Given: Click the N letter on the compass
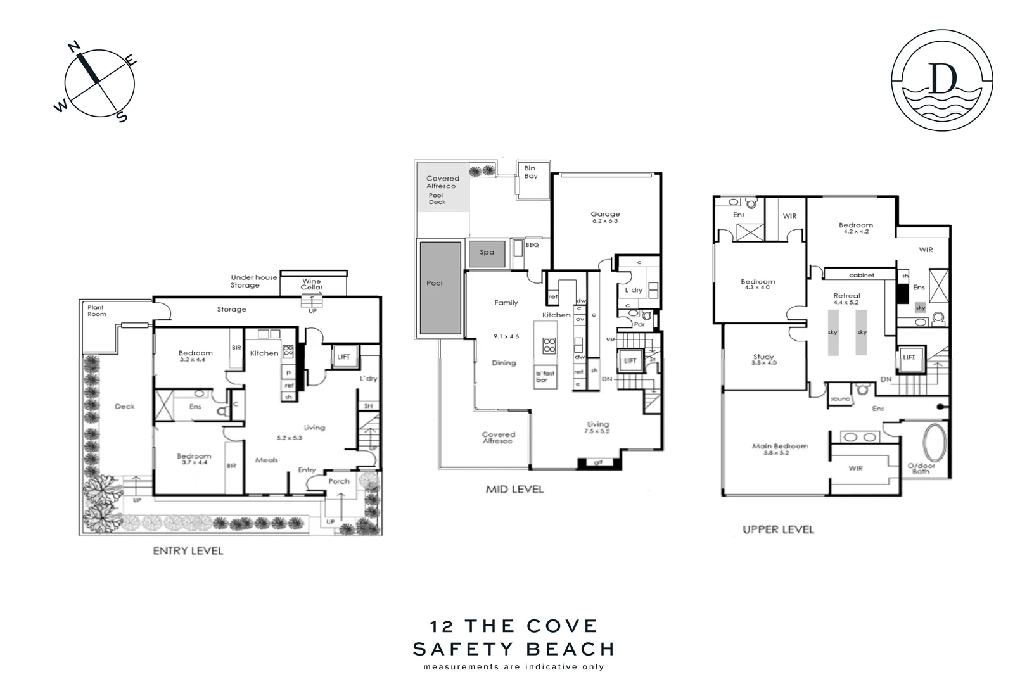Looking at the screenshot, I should [x=73, y=47].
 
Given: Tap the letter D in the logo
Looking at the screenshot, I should [x=942, y=79].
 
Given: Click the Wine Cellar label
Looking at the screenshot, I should [x=312, y=284].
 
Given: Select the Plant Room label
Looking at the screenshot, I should [x=97, y=310].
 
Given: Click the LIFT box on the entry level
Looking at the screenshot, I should [x=344, y=357].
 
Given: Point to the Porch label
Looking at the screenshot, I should [x=339, y=481].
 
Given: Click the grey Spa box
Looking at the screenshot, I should [x=487, y=252].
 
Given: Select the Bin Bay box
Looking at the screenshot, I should [x=530, y=172].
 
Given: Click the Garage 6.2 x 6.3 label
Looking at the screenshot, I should [x=605, y=217].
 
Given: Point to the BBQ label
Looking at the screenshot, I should [x=532, y=244].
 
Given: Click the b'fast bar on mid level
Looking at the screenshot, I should [x=545, y=376].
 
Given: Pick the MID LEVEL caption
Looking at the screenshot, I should [x=514, y=489].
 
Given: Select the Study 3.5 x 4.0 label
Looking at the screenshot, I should [x=763, y=359].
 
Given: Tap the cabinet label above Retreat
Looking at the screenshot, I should [x=861, y=275].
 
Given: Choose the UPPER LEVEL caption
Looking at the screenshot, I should [x=778, y=529].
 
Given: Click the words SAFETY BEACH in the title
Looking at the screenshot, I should [x=513, y=649].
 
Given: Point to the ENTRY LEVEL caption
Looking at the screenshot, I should [x=188, y=551].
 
